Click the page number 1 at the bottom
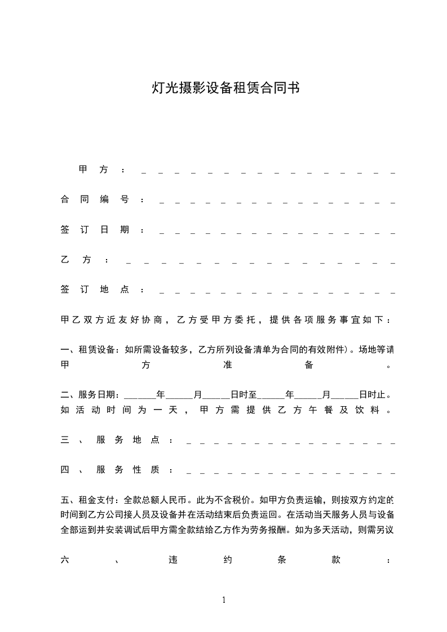click(x=224, y=599)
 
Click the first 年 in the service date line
click(x=161, y=394)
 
